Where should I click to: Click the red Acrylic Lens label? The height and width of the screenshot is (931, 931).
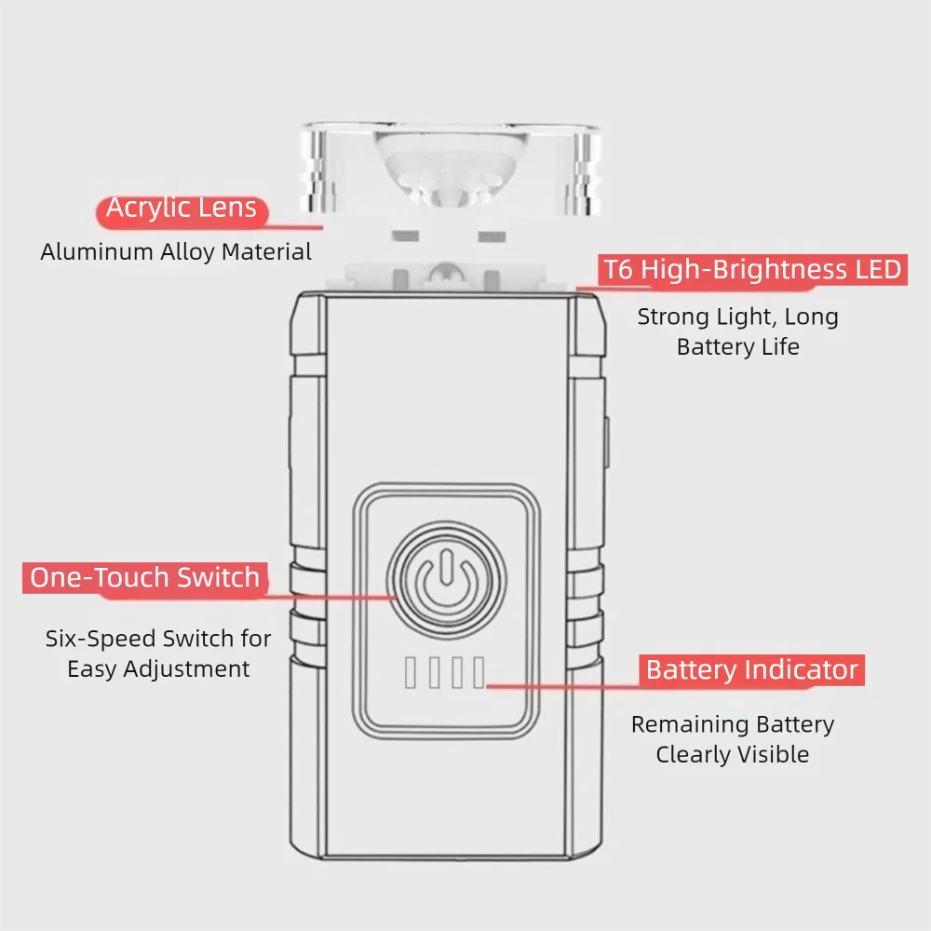tap(182, 209)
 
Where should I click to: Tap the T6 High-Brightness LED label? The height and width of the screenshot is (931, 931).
tap(752, 270)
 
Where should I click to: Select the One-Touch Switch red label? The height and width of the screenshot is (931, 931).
tap(145, 577)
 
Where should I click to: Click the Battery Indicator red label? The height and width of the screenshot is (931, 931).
tap(752, 670)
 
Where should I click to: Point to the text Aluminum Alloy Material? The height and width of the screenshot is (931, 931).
tap(176, 251)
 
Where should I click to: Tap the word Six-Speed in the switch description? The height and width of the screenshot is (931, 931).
tap(101, 639)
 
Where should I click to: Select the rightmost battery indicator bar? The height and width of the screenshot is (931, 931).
tap(479, 672)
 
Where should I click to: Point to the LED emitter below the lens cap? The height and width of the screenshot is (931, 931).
tap(446, 274)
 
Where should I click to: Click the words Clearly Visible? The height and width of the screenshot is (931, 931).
tap(732, 754)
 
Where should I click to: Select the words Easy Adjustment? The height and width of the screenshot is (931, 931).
tap(158, 668)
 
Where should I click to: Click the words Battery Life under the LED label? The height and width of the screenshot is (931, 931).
tap(737, 347)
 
